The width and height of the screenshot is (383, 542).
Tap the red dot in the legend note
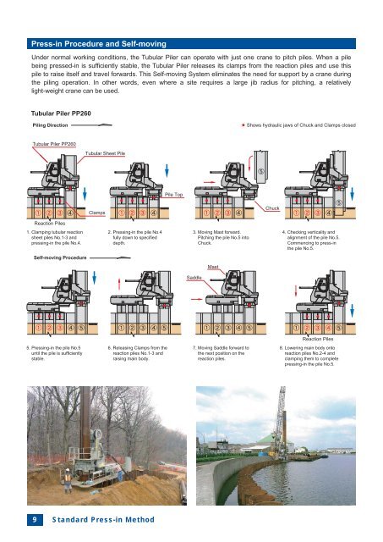pos(243,125)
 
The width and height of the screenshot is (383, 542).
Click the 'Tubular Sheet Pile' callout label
pos(106,153)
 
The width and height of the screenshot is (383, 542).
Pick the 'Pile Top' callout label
pos(175,195)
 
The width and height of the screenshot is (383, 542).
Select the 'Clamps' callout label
pos(96,213)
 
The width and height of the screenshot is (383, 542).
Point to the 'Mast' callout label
pos(213,267)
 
